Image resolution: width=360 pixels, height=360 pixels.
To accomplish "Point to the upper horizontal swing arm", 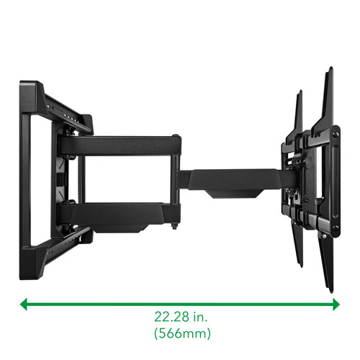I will (x=119, y=143).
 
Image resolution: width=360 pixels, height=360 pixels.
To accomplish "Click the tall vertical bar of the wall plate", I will (x=29, y=166).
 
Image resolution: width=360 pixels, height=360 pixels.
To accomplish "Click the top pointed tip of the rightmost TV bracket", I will (x=330, y=70).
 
